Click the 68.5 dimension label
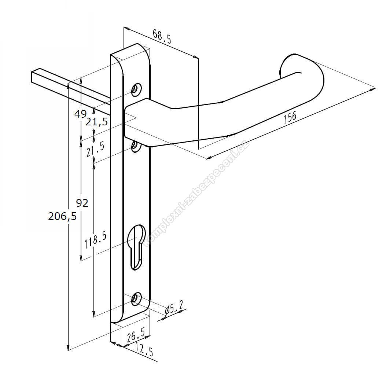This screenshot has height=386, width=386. pyautogui.click(x=162, y=36)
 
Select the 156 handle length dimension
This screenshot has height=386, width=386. pyautogui.click(x=290, y=117)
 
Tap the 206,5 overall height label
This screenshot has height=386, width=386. pyautogui.click(x=62, y=216)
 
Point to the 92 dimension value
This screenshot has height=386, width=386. pyautogui.click(x=82, y=203)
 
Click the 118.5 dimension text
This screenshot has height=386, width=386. pyautogui.click(x=96, y=240)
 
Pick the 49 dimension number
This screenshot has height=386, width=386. pyautogui.click(x=80, y=114)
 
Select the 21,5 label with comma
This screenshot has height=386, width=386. pyautogui.click(x=96, y=122)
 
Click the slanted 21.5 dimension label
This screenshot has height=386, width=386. pyautogui.click(x=95, y=149)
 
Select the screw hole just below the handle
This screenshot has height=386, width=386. pyautogui.click(x=136, y=146)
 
